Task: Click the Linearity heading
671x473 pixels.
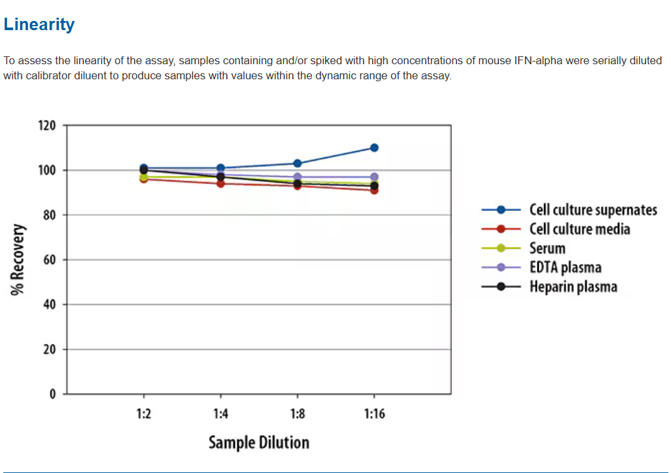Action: point(39,25)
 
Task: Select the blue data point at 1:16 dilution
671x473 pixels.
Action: point(374,147)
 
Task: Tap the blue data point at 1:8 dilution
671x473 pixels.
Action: point(298,163)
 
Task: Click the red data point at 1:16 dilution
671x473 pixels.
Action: point(374,190)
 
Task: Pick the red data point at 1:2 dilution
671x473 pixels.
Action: point(144,178)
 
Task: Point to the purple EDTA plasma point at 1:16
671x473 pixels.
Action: point(374,177)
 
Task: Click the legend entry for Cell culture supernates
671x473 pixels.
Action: point(593,210)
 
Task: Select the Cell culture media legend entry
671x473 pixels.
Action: point(579,229)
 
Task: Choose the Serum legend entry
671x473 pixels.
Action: point(547,248)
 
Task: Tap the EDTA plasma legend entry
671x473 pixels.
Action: point(565,267)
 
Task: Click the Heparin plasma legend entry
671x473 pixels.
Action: point(573,287)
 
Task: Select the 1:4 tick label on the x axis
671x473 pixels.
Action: point(220,414)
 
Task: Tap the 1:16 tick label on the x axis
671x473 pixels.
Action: point(374,414)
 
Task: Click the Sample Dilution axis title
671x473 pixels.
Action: point(258,443)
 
